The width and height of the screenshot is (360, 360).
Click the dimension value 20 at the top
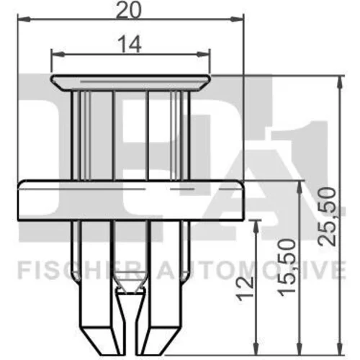tap(129, 10)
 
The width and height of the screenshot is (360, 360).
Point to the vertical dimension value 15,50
tap(287, 267)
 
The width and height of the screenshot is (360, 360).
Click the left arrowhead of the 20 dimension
tap(24, 19)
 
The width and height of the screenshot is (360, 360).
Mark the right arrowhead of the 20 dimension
tap(237, 19)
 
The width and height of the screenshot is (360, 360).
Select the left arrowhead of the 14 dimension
tap(58, 54)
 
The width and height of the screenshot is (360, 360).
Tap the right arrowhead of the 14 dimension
tap(204, 55)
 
